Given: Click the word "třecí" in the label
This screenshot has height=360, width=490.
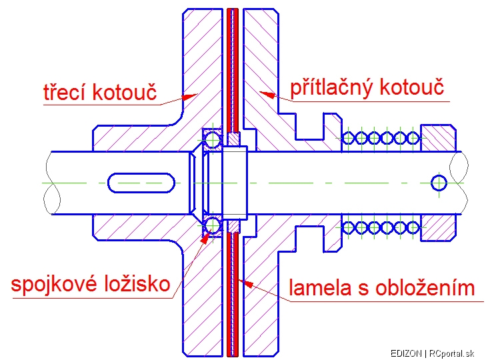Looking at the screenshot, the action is click(x=65, y=92).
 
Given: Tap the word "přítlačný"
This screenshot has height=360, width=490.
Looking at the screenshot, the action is click(x=331, y=88).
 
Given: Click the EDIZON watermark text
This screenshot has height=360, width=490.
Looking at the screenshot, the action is click(x=406, y=353).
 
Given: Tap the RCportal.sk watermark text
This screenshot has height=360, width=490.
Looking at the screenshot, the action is click(x=451, y=353).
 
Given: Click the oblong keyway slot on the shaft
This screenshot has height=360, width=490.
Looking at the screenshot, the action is click(x=141, y=183).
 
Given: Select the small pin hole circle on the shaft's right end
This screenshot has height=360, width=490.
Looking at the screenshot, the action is click(x=439, y=183).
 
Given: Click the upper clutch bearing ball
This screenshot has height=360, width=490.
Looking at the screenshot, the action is click(x=213, y=139).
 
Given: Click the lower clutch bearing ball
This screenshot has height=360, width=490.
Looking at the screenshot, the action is click(x=213, y=225).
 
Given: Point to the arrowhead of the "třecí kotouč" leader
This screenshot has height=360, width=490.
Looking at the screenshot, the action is click(x=190, y=97).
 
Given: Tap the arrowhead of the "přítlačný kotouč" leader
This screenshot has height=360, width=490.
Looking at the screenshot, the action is click(x=267, y=95).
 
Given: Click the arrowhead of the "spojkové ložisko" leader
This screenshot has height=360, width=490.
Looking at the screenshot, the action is click(x=205, y=237).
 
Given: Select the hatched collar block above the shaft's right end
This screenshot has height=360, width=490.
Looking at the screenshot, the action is click(x=438, y=138).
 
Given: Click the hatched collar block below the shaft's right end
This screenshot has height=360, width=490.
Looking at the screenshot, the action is click(x=438, y=228).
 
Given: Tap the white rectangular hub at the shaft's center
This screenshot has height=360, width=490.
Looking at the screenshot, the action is click(x=235, y=183).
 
